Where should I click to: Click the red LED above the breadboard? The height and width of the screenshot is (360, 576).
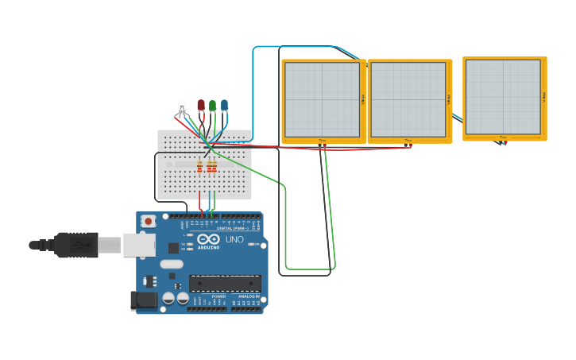click(201, 105)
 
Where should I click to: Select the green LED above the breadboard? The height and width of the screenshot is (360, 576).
click(212, 105)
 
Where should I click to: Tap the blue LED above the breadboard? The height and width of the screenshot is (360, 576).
click(224, 105)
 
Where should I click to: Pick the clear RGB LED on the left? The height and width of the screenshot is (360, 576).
click(182, 106)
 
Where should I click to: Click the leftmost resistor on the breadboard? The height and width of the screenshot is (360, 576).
click(199, 166)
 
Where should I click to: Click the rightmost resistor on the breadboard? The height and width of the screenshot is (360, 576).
click(215, 166)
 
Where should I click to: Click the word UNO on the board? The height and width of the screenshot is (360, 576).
click(234, 239)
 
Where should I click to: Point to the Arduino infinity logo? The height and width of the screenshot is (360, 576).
click(209, 238)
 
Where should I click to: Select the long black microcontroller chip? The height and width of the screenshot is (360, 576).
click(225, 283)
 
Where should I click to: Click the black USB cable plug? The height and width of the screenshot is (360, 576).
click(76, 245)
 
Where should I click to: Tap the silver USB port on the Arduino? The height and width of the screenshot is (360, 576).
click(138, 245)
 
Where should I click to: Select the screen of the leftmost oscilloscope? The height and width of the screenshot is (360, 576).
click(322, 99)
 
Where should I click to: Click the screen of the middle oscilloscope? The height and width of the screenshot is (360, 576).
click(408, 99)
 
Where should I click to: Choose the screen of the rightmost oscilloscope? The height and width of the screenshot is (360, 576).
click(502, 96)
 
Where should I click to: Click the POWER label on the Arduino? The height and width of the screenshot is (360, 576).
click(218, 296)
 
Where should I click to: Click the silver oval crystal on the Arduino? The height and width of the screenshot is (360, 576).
click(171, 264)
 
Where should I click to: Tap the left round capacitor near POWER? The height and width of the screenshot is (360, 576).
click(168, 298)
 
